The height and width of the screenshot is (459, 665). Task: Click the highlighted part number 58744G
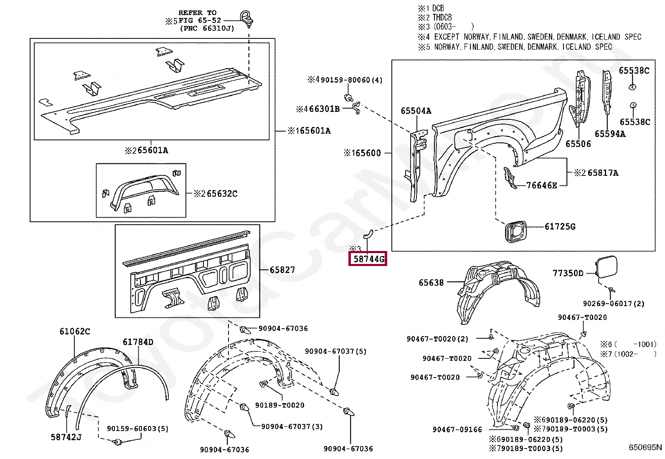coord(368,259)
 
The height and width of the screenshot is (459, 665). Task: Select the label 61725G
coord(560,227)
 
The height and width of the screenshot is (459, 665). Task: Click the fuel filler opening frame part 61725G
coord(515,231)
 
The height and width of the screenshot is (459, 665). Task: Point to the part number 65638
coord(431,283)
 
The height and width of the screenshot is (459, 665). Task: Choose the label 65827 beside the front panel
coord(282,270)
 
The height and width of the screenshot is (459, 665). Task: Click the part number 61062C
coord(74,331)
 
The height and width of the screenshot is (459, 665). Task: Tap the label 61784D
coord(138,342)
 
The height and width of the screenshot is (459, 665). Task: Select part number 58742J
coord(66,437)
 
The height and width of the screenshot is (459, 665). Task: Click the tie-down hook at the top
coord(246,18)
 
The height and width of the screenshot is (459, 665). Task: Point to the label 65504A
coord(416,111)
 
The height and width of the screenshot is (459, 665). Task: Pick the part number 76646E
coord(541,185)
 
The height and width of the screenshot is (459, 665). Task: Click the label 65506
coord(578,144)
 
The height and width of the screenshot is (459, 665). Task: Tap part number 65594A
coord(610,134)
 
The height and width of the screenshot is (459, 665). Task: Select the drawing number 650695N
coord(645,447)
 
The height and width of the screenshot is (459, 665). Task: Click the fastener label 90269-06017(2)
coord(614,304)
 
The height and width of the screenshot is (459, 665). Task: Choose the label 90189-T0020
coord(279,405)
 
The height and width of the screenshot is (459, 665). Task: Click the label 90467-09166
coord(457,429)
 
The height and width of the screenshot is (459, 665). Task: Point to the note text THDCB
coord(442,18)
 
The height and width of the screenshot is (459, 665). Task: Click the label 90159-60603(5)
coord(137,429)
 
